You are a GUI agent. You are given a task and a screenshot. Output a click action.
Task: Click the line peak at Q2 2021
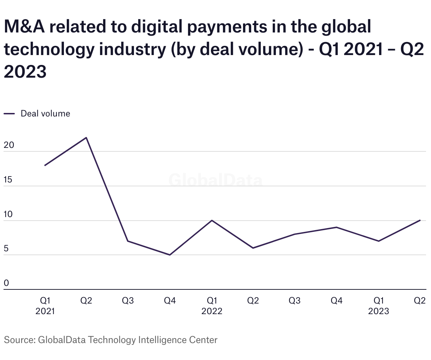click(86, 138)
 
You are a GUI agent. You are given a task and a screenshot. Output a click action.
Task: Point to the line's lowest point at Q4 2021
click(170, 255)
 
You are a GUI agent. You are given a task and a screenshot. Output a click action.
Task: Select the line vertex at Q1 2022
click(212, 220)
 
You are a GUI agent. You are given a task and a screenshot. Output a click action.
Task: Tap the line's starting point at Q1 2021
click(45, 165)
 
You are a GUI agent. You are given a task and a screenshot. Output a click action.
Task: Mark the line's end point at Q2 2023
click(420, 220)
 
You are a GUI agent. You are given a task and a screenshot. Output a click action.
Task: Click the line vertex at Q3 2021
click(128, 241)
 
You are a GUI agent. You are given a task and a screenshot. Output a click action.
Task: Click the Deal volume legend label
click(45, 114)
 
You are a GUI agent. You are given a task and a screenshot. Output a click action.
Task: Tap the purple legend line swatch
click(9, 114)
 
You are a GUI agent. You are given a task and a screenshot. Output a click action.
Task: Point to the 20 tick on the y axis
click(8, 145)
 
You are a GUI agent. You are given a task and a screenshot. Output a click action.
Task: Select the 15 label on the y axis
click(8, 180)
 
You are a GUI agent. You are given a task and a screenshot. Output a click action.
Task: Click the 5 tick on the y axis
click(6, 249)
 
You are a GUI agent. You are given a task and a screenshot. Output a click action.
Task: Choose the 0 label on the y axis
click(6, 283)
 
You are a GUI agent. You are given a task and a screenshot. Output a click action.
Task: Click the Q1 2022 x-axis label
click(212, 306)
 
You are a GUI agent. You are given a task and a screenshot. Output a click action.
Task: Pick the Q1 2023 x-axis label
click(378, 306)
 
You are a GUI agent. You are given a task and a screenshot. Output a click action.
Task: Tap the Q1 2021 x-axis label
click(45, 306)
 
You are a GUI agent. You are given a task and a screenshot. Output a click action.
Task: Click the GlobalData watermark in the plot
click(215, 180)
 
